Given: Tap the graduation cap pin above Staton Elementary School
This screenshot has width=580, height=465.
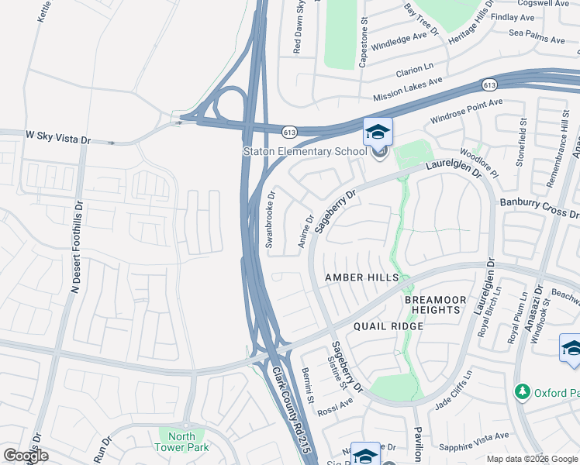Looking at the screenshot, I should [378, 133].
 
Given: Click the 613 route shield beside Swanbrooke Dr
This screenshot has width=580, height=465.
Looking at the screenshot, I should [288, 133].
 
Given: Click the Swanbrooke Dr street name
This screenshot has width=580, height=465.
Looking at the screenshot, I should [271, 219].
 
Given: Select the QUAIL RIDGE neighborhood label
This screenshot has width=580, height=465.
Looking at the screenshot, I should [388, 326].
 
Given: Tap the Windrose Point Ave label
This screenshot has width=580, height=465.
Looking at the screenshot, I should [467, 111].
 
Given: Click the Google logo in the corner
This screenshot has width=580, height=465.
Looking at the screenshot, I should [26, 456].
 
